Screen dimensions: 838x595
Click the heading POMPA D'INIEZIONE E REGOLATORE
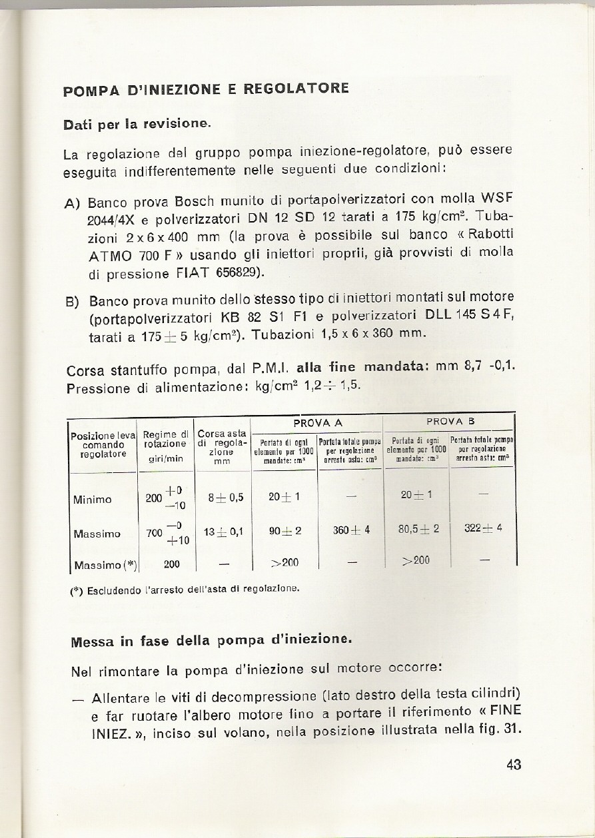(206, 89)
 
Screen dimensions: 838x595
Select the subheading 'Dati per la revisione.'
(137, 124)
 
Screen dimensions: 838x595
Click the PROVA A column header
(316, 422)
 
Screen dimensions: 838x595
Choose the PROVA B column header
(450, 422)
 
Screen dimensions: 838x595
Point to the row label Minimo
(93, 499)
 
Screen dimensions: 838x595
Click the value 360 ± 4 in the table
(350, 531)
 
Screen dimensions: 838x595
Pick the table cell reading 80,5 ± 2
(418, 529)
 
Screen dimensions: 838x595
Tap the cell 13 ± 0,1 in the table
(223, 532)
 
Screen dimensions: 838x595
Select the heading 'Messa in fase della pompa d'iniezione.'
(211, 641)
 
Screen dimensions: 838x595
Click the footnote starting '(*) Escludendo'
(185, 589)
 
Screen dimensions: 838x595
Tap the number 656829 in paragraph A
(238, 273)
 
